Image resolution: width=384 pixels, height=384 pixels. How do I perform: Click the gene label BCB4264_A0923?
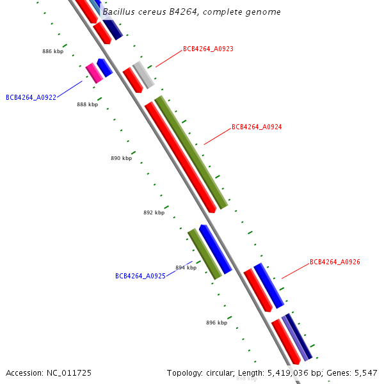[208, 49]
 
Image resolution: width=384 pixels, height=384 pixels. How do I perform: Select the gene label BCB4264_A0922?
[31, 98]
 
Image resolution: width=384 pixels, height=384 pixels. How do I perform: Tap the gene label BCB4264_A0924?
[257, 127]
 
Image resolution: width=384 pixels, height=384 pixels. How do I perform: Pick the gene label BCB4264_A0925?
[140, 276]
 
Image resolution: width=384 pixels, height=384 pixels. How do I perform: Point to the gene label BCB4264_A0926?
[335, 262]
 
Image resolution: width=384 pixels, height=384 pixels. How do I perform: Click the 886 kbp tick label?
[53, 51]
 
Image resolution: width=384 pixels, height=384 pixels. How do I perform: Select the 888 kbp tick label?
[88, 104]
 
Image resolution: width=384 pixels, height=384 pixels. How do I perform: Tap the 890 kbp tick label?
[121, 158]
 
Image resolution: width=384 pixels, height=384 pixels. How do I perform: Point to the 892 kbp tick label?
[154, 213]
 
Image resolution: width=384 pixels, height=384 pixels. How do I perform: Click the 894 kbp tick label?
[186, 268]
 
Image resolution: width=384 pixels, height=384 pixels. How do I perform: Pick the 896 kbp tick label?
[216, 323]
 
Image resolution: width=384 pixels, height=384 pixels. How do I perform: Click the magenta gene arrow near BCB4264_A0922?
[94, 73]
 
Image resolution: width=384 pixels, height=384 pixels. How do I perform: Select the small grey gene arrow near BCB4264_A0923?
[143, 75]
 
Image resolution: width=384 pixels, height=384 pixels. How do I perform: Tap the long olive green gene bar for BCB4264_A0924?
[191, 152]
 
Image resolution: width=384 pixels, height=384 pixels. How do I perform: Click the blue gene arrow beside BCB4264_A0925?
[216, 248]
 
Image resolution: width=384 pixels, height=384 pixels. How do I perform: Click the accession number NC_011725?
[69, 372]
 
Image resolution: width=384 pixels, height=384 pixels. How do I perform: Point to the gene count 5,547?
[366, 372]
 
